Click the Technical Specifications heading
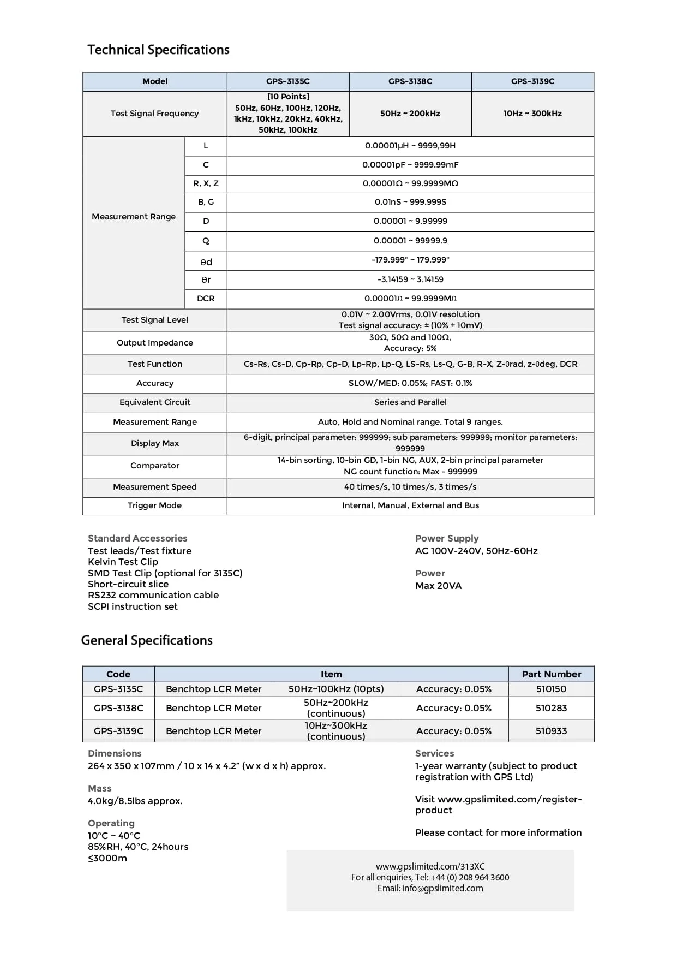[158, 50]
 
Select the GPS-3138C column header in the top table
[410, 81]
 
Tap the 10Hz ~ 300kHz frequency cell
[532, 114]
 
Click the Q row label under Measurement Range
[206, 241]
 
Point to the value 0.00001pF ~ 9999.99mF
[410, 165]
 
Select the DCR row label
[206, 299]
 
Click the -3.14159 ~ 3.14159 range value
[410, 279]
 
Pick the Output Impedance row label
[155, 343]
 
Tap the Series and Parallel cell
[410, 402]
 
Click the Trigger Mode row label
[155, 505]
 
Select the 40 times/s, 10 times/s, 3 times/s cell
[410, 487]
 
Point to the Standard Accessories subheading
[137, 538]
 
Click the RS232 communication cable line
[153, 595]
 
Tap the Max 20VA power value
[438, 586]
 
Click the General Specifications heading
[147, 640]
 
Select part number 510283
[551, 708]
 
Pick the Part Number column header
[551, 674]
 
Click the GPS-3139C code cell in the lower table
[118, 731]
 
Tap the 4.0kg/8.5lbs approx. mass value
[135, 801]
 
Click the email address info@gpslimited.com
[442, 888]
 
